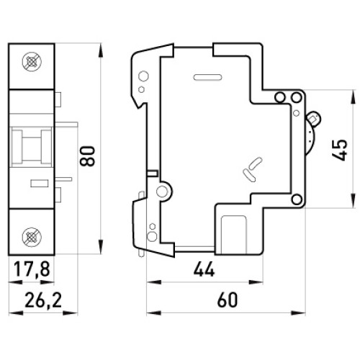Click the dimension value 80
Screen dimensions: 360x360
[88, 156]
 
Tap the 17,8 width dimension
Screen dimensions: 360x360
[32, 269]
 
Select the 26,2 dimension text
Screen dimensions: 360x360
[43, 300]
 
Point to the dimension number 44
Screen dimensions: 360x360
[204, 269]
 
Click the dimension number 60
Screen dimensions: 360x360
[228, 300]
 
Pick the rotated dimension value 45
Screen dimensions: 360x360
[340, 150]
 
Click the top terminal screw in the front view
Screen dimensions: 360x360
[32, 62]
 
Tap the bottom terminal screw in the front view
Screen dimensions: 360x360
[32, 237]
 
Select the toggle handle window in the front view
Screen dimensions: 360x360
[32, 146]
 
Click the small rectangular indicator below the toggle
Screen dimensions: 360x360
[40, 184]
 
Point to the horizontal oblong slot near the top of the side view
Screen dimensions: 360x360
[207, 77]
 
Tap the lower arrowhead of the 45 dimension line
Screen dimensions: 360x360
[353, 200]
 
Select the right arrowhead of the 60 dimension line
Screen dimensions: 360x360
[298, 312]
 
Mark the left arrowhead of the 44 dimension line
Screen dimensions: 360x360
[154, 282]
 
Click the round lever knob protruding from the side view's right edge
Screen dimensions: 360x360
[314, 119]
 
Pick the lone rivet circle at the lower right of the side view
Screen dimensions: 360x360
[297, 199]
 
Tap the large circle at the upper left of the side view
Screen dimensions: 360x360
[143, 76]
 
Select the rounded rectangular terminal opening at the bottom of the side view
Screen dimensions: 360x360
[234, 235]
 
